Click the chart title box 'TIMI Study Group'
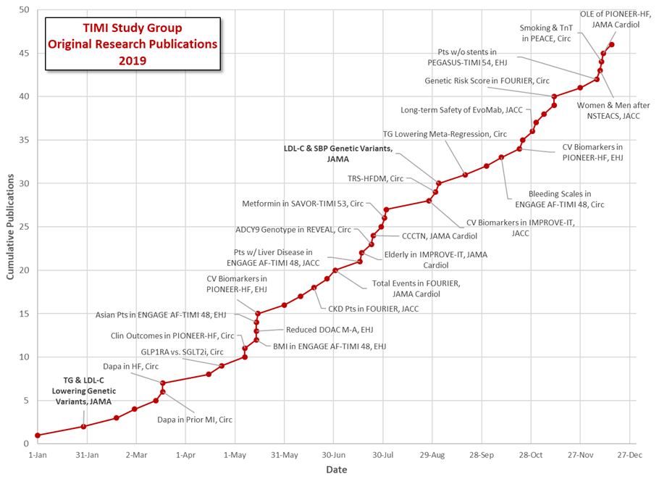[132, 44]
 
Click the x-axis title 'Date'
[335, 470]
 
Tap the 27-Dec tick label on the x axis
[629, 455]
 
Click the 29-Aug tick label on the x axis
[432, 455]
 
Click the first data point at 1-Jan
[37, 436]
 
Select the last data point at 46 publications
[612, 44]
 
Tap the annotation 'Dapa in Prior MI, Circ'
[195, 419]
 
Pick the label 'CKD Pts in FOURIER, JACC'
[374, 309]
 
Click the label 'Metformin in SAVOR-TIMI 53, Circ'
[302, 204]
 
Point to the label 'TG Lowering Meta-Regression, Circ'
[445, 134]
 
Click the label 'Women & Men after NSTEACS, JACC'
[613, 110]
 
